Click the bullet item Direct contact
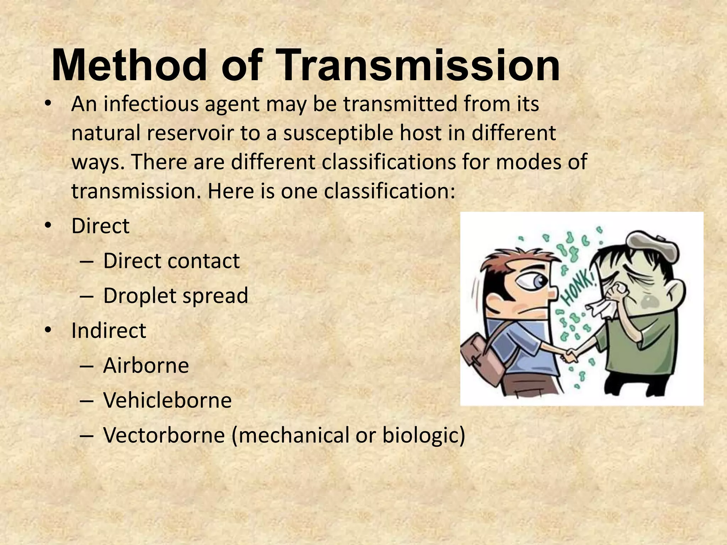pos(171,261)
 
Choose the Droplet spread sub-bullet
pos(175,296)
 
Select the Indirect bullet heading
pos(109,330)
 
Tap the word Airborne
pos(146,365)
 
